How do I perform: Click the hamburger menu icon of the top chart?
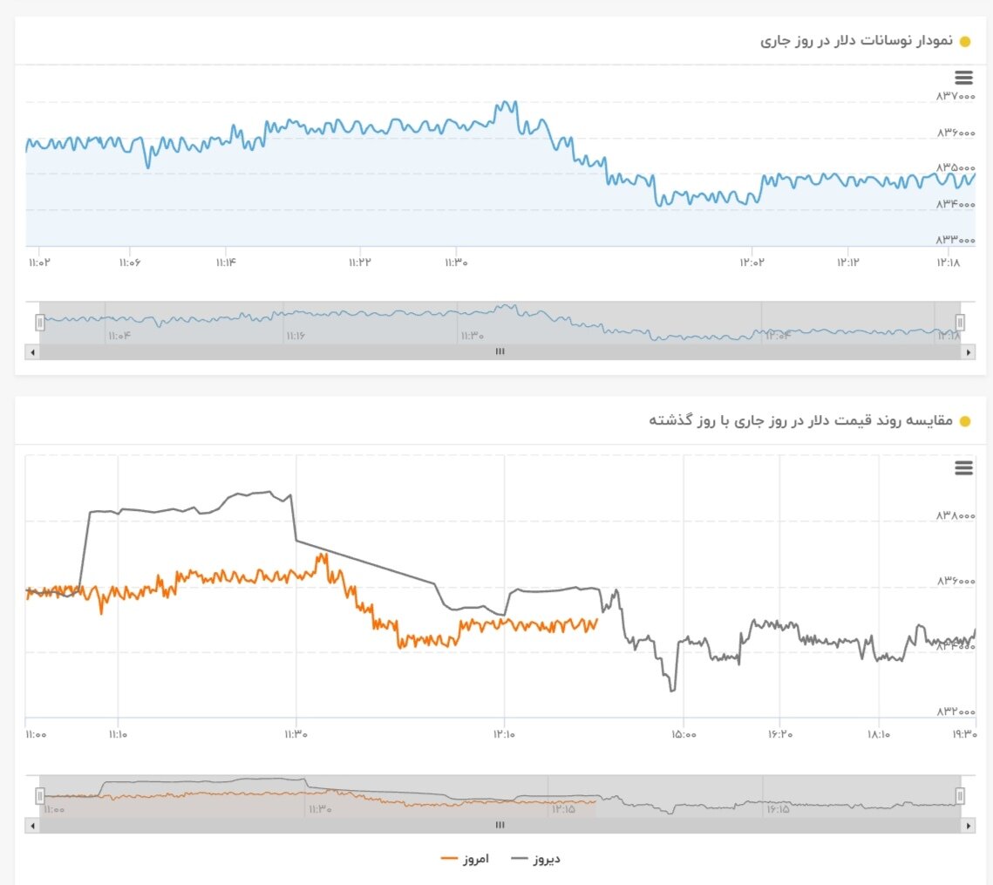(963, 78)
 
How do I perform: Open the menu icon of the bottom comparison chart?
(963, 468)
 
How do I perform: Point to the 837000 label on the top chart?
(956, 96)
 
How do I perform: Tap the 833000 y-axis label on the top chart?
(956, 240)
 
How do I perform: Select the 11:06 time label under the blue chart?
(130, 262)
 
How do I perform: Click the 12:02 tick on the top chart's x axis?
(752, 262)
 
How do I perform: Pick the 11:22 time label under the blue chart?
(359, 262)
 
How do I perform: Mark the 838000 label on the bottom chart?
(956, 516)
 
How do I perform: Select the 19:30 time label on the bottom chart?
(963, 734)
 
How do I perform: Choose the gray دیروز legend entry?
(535, 859)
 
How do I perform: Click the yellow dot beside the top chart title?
(964, 42)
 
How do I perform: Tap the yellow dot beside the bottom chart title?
(964, 422)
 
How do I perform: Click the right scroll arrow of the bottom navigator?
(967, 825)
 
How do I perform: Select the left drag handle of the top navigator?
(39, 323)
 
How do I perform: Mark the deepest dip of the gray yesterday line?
(672, 691)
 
